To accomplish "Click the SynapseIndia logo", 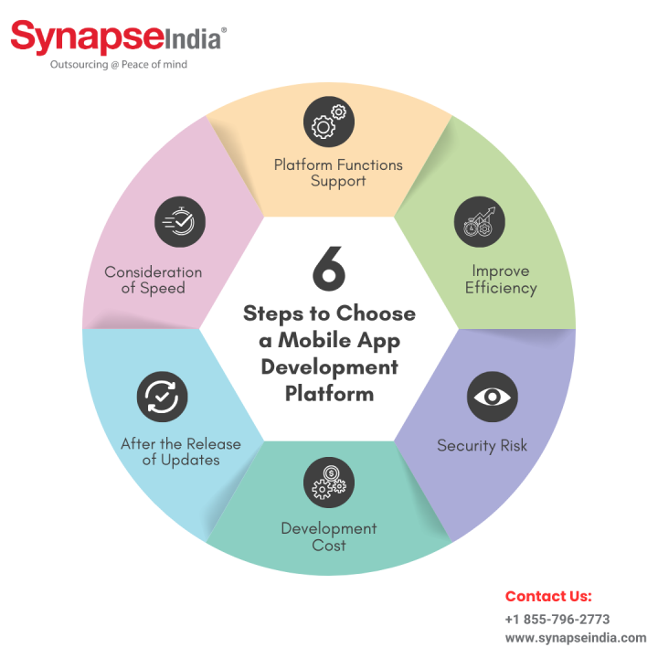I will point(118,39).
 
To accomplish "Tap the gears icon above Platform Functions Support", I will point(328,122).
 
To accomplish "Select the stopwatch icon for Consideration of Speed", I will point(180,221).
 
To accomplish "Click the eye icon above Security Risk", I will point(493,397).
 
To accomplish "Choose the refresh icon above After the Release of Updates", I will point(163,397).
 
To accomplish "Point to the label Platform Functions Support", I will point(338,173).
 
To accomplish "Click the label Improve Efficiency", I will point(500,279).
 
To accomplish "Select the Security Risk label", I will point(482,446).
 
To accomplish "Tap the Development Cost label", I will point(328,536).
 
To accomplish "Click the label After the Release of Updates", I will point(181,451).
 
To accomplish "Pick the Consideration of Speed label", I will point(153,280).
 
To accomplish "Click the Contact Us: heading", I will point(548,596).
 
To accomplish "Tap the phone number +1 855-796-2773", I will point(557,619).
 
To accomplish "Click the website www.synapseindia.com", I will point(575,638).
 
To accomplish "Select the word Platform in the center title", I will point(329,394).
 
